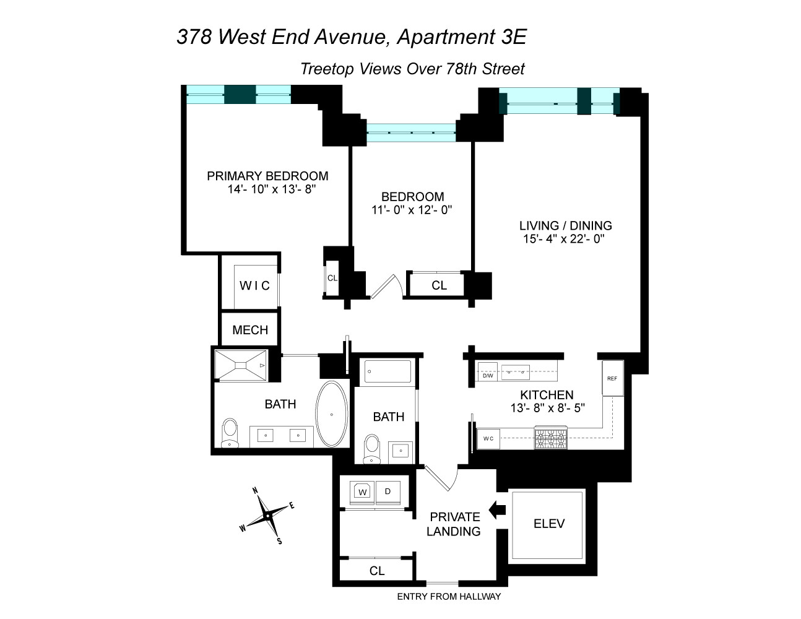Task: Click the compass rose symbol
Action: [x=267, y=515]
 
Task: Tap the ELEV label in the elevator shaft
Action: [x=548, y=524]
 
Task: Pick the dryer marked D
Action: [x=388, y=491]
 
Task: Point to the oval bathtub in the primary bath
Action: [x=332, y=413]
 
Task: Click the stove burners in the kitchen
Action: [x=550, y=438]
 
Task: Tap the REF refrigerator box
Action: [x=612, y=379]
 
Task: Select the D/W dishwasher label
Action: [x=488, y=376]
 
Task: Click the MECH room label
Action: [x=250, y=330]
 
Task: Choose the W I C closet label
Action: [x=254, y=285]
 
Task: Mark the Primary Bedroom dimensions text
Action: [x=271, y=189]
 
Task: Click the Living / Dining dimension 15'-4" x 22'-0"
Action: [x=563, y=239]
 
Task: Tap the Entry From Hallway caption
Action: [x=449, y=597]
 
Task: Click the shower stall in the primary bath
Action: [x=240, y=365]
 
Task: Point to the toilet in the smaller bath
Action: [x=372, y=448]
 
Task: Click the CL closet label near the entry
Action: [x=377, y=571]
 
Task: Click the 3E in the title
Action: [x=511, y=37]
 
